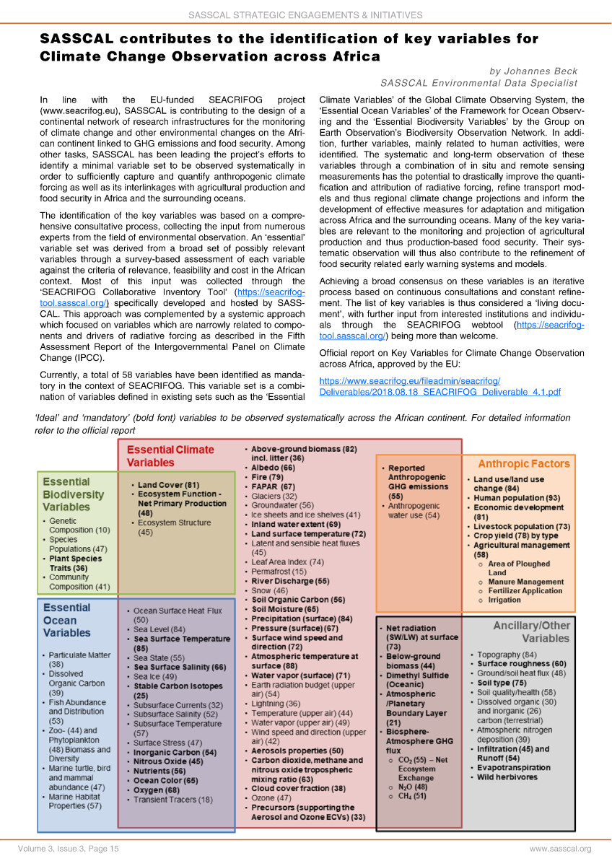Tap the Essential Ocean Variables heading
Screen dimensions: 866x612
pyautogui.click(x=66, y=620)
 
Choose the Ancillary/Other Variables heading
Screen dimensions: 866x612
pyautogui.click(x=530, y=632)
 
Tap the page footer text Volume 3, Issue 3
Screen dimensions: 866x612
pyautogui.click(x=59, y=849)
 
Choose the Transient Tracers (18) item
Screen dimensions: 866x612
pyautogui.click(x=173, y=799)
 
